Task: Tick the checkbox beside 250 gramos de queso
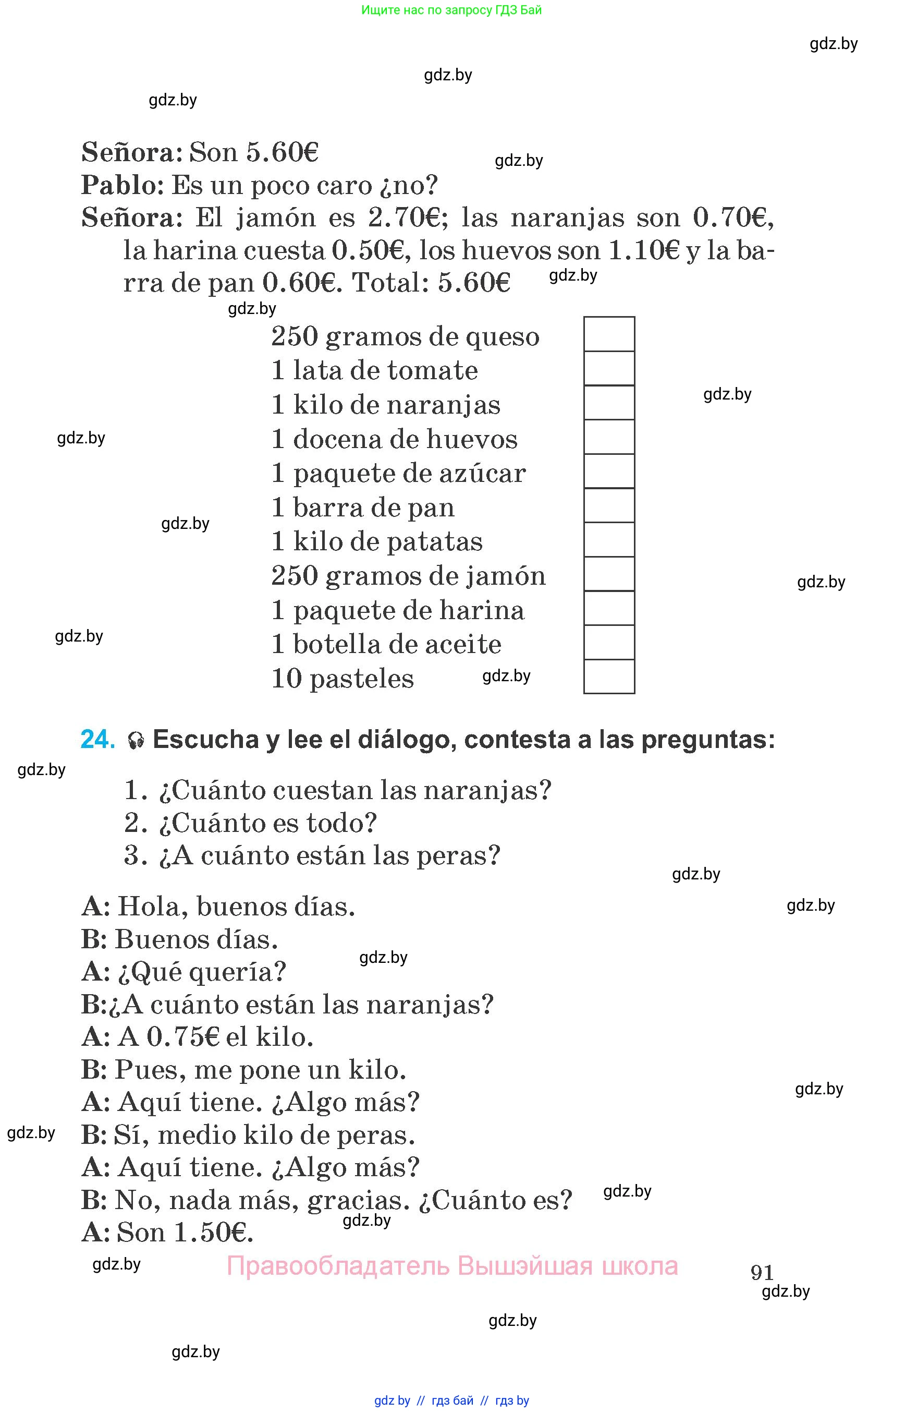pos(609,334)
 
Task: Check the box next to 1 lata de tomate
pos(609,368)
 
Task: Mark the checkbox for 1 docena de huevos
pos(609,437)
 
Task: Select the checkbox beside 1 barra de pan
pos(609,506)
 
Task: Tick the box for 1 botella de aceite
pos(609,642)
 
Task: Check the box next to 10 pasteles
pos(609,677)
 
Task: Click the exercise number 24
pos(97,739)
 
